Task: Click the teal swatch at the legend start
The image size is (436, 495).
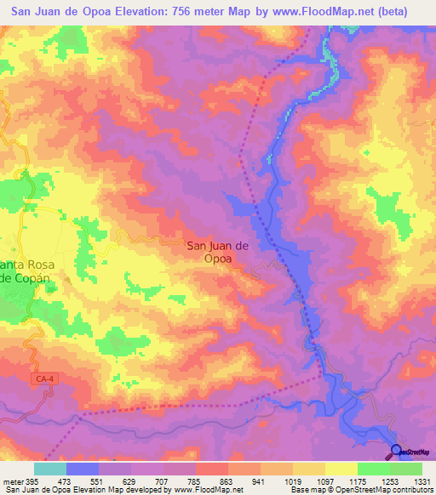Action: [x=49, y=468]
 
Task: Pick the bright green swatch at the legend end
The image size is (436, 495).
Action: [x=406, y=468]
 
